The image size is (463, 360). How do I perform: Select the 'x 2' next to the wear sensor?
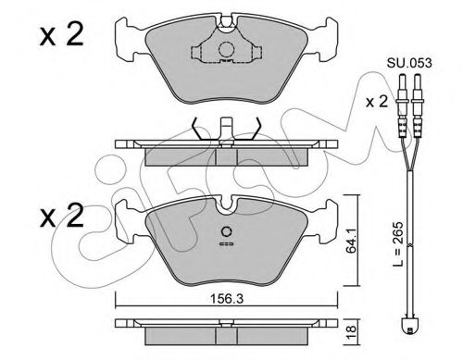(x=377, y=102)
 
